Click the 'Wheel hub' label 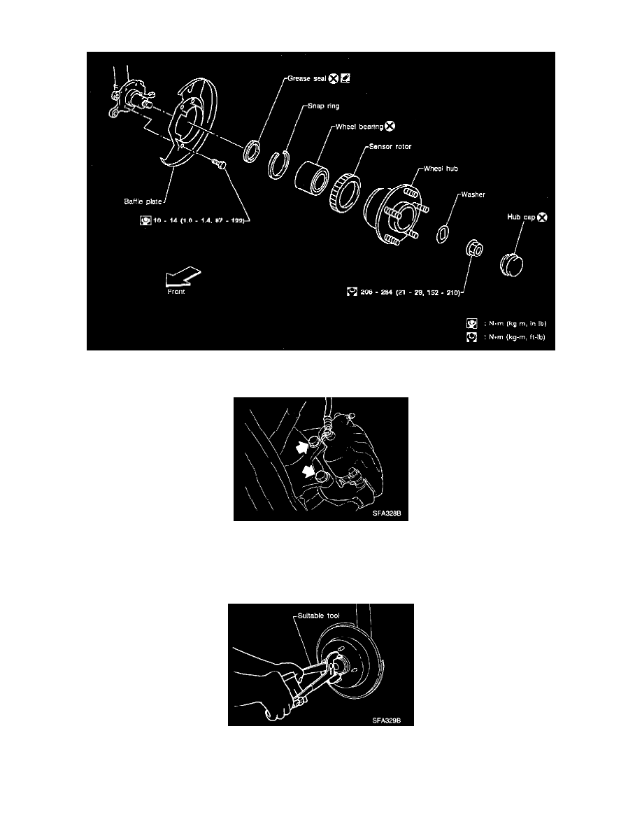442,169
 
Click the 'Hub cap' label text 520,218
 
